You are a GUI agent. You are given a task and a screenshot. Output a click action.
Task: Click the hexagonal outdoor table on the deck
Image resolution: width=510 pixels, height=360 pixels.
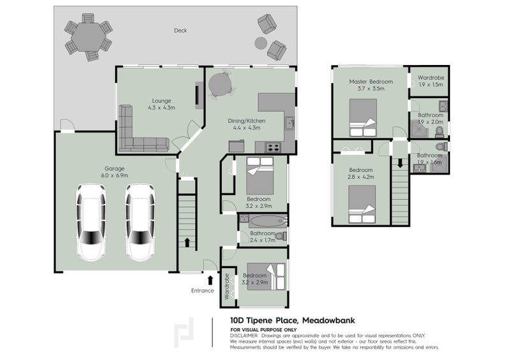point(88,38)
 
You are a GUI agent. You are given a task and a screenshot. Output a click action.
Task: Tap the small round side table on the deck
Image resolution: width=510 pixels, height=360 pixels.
point(260,43)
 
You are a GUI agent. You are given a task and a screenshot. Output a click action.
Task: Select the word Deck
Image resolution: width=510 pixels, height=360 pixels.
point(181,30)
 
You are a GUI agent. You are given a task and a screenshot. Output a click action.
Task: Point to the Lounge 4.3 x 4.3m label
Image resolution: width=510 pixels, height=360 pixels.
point(161,104)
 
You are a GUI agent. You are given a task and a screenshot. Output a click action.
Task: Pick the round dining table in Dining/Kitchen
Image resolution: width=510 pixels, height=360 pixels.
point(221,83)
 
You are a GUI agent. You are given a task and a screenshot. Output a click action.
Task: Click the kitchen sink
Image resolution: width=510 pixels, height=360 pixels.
point(289,123)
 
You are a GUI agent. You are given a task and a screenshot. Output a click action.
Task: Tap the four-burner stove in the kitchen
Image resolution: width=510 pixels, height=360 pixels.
point(273,147)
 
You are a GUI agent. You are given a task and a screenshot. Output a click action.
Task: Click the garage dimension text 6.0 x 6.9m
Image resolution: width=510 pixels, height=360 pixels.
point(115,175)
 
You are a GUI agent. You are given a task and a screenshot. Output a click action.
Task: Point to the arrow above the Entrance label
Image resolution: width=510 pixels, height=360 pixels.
point(210,279)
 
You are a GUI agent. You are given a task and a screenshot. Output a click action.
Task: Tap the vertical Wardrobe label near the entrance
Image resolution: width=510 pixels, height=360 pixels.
point(226,287)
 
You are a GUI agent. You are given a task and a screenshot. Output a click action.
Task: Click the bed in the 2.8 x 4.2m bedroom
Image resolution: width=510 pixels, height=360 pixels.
point(361,204)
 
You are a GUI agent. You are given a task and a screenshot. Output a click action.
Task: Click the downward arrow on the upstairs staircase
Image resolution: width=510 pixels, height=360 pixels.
point(400,164)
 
